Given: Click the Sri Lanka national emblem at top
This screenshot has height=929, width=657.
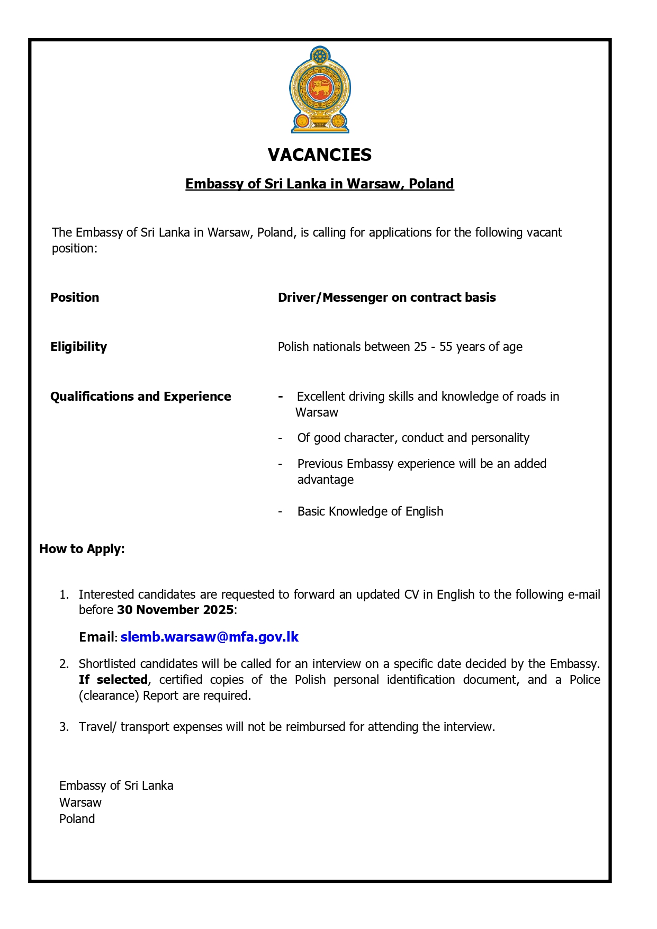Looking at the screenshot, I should coord(320,89).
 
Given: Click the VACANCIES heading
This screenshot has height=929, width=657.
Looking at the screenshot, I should coord(320,155).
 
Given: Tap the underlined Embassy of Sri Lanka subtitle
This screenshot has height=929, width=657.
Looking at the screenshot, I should coord(320,184).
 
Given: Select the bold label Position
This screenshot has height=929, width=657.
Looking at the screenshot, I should coord(75,297).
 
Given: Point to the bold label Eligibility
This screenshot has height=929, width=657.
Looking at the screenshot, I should coord(78,347).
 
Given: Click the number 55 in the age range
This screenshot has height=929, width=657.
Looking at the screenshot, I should coord(446,347).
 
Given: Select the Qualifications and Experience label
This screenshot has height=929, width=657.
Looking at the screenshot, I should coord(140,396).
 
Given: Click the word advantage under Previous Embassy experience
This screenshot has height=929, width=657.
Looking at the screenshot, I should coord(325,480).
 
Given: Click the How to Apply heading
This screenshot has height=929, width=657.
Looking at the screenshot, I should coord(82,549).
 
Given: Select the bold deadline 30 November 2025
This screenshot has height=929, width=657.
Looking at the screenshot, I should coord(175,610).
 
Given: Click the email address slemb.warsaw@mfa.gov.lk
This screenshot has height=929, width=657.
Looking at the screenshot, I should coord(210,637).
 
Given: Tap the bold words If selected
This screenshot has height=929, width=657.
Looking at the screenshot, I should coord(113,680).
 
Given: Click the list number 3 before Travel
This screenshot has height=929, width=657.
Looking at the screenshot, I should coord(64,727).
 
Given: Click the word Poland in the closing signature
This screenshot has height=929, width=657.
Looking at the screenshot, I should coord(77,819).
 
